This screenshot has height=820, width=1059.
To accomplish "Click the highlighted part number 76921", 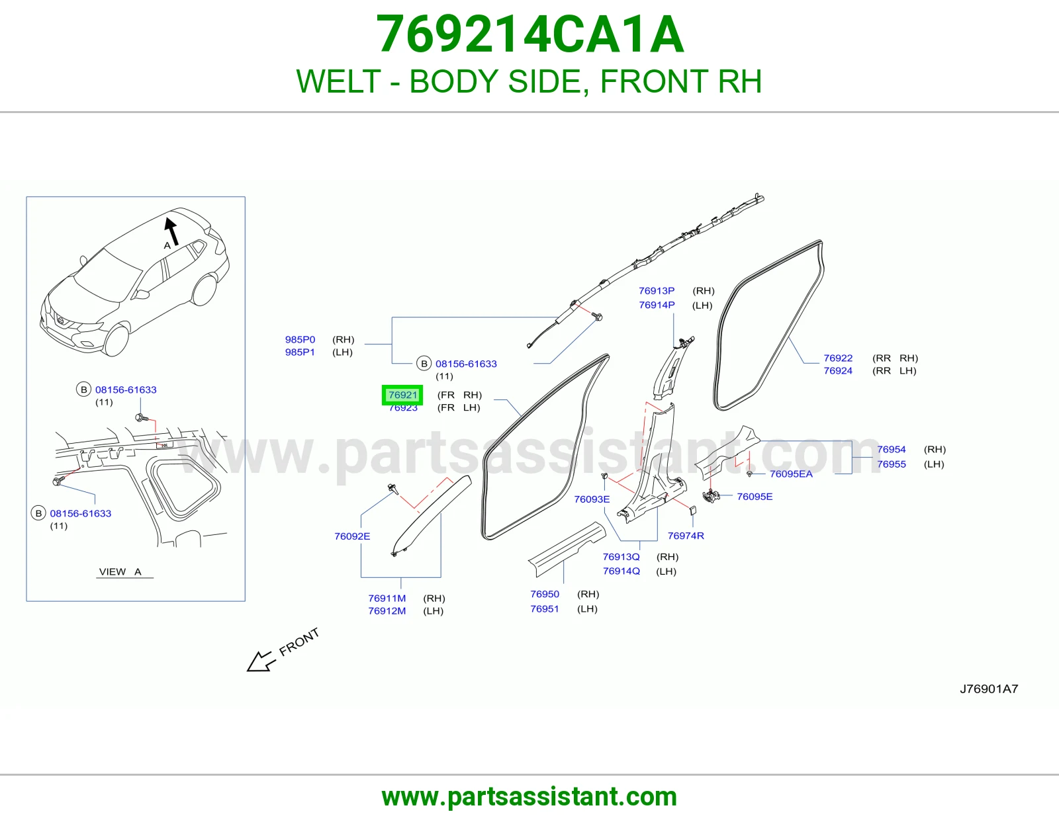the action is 402,395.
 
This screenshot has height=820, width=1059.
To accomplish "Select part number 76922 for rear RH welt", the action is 838,358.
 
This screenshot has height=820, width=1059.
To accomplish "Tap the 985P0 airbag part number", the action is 300,339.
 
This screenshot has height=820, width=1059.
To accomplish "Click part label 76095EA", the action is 791,473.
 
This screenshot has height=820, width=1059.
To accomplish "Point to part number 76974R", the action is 686,536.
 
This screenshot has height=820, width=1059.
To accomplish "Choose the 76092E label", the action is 352,536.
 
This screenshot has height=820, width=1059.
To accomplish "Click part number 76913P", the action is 657,291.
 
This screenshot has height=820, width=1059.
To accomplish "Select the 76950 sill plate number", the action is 545,594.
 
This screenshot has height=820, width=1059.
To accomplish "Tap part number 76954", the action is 892,450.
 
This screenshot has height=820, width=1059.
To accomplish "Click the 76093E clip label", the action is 592,499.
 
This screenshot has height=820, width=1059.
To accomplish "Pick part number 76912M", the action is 387,611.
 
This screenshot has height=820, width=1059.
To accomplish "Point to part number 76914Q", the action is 622,571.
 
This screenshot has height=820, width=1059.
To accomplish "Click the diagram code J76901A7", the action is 989,689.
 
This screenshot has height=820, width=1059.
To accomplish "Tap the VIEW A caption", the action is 120,571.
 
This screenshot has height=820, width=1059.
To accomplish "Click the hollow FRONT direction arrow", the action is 261,661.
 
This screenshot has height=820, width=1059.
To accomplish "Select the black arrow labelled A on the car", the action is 171,231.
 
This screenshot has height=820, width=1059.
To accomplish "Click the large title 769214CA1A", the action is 529,34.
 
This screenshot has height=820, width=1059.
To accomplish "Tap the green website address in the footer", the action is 529,797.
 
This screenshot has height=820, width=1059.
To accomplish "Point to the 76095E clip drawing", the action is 711,496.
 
